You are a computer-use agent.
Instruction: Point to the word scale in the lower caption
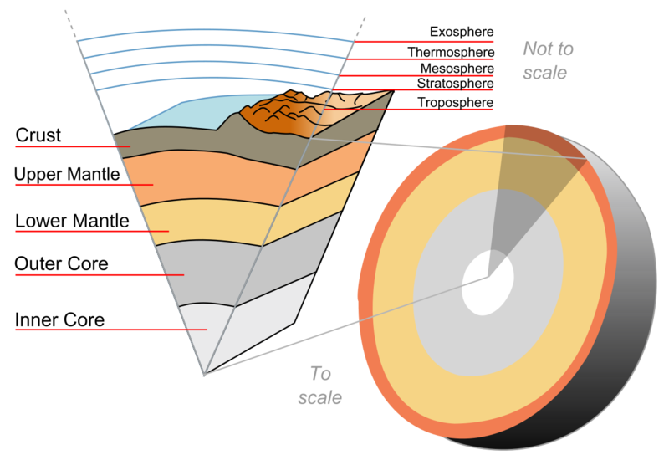click(319, 398)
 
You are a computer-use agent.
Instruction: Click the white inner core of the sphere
click(487, 282)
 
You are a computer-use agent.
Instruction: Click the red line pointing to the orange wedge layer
click(84, 184)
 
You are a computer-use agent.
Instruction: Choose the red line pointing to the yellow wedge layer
click(92, 231)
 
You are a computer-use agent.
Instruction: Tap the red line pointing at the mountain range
click(410, 109)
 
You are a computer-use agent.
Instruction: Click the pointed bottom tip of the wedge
click(204, 375)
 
